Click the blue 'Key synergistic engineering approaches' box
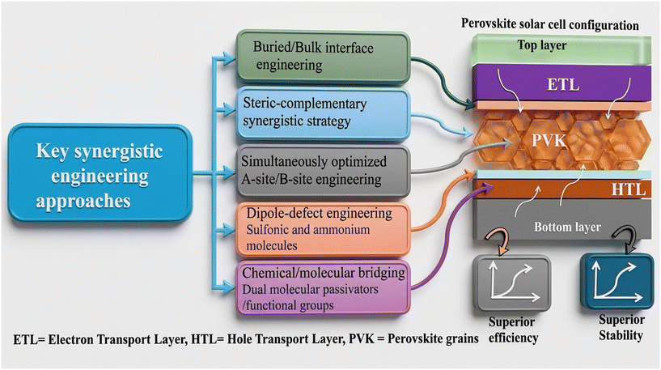[x=100, y=173]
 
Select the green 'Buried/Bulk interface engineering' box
[x=323, y=57]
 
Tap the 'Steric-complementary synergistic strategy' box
[x=323, y=113]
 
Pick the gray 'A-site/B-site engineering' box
[x=323, y=171]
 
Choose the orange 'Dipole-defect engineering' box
[x=323, y=229]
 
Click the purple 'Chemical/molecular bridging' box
[x=323, y=288]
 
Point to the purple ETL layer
[x=561, y=84]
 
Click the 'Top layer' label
[x=542, y=45]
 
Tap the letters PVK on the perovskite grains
[x=549, y=140]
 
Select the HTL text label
[x=628, y=189]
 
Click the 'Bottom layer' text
[x=567, y=227]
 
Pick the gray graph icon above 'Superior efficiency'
[x=512, y=283]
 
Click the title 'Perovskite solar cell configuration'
[x=549, y=24]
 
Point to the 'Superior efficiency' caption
[x=513, y=330]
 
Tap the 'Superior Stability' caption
[x=621, y=327]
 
